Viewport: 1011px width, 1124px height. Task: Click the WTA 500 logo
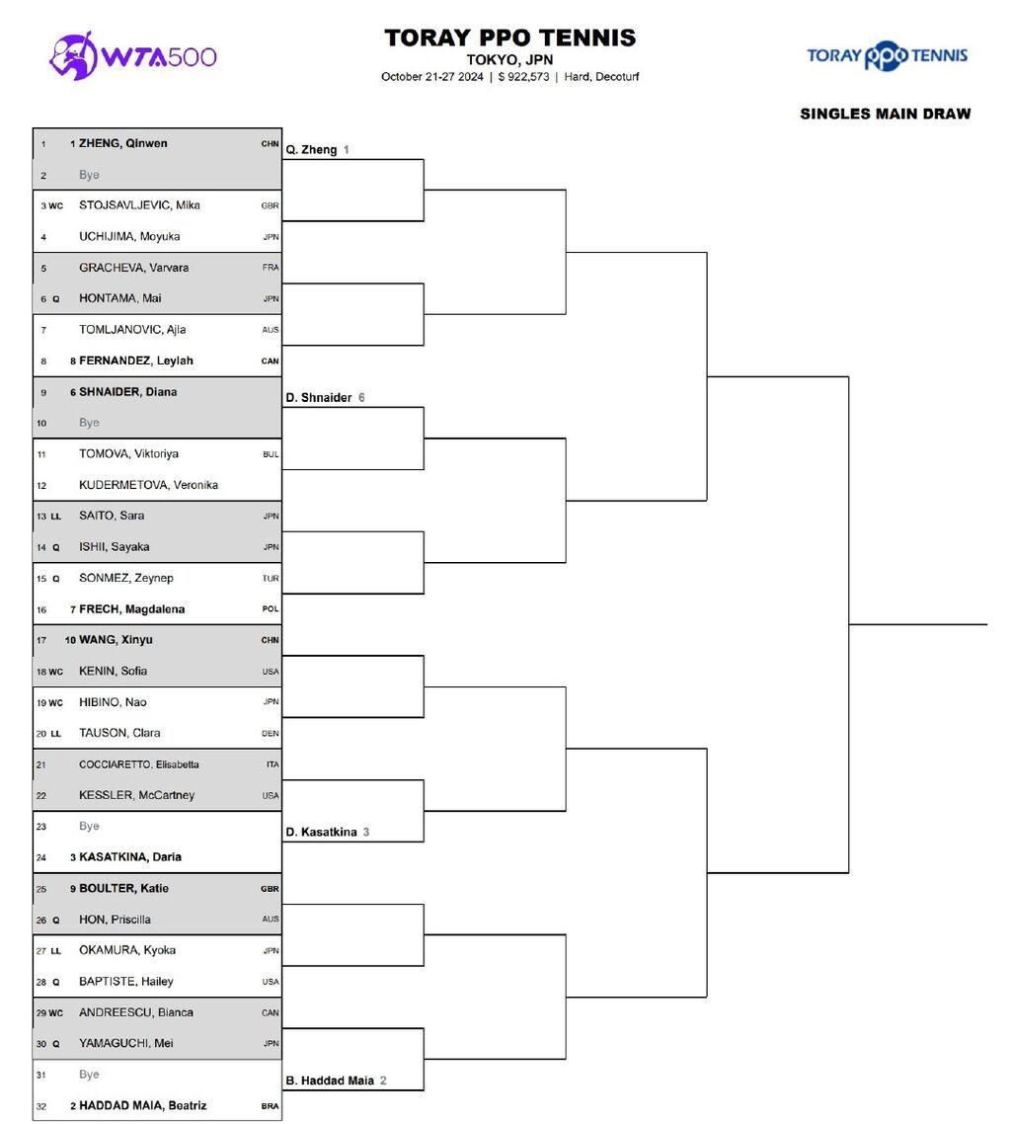133,55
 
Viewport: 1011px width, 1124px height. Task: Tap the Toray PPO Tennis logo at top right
887,55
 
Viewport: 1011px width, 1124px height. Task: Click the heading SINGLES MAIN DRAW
885,114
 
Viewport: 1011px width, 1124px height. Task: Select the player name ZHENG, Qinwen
122,143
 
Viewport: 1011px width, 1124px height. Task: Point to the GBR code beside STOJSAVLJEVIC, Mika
270,206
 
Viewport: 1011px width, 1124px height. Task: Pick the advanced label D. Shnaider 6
325,398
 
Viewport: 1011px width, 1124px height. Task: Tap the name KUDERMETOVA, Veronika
148,485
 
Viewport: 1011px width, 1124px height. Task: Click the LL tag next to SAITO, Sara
55,517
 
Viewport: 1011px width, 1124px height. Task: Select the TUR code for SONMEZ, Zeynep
271,579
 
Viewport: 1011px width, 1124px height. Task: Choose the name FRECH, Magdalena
131,609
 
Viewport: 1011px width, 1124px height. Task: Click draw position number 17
42,640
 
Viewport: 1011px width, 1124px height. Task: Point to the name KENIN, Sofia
113,671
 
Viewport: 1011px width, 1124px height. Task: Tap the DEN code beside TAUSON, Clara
271,734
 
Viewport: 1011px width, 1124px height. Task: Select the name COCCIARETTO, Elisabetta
139,764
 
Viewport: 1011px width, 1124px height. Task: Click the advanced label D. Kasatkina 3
327,833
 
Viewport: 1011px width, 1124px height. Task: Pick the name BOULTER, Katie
123,888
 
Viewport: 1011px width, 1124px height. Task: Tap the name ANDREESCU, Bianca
136,1012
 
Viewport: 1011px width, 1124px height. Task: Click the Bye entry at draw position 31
89,1075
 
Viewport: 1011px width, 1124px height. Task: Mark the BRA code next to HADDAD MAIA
270,1106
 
